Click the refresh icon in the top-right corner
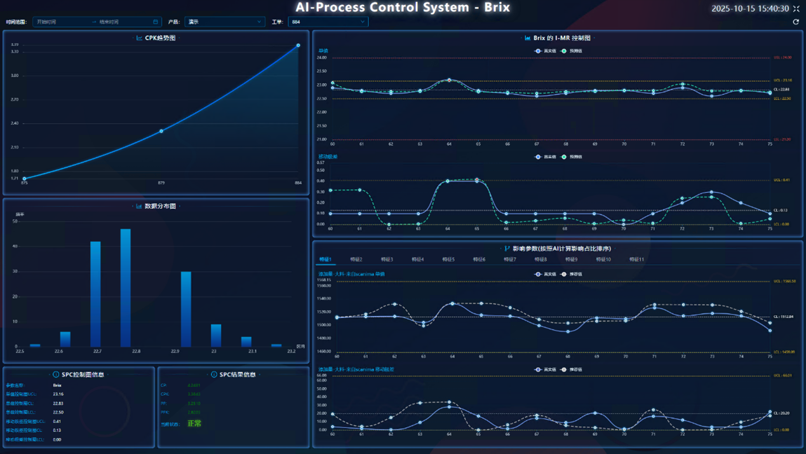(796, 22)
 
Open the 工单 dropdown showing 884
(328, 22)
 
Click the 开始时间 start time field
(60, 22)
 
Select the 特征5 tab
(448, 259)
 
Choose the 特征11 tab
(636, 259)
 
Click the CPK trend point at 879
(161, 131)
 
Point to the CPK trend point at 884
(298, 46)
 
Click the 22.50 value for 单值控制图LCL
(58, 412)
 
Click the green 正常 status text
(194, 423)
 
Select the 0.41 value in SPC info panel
(57, 421)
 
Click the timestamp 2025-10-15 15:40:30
(750, 8)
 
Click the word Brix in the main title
(495, 8)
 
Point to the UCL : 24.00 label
(782, 58)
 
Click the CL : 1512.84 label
(783, 317)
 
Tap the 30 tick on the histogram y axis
(16, 272)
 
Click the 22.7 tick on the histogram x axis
(97, 351)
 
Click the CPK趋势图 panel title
(160, 38)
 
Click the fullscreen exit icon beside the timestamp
(796, 8)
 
